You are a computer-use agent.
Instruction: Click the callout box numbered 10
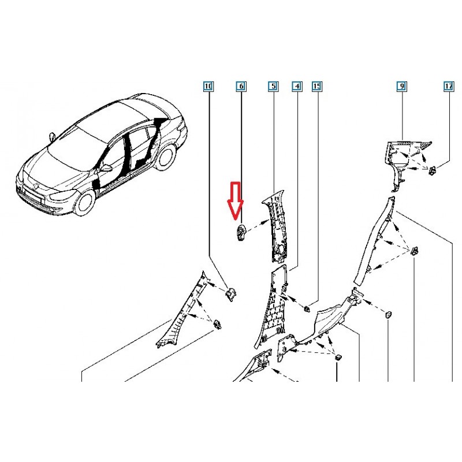tap(208, 86)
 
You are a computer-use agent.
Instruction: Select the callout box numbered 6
tap(241, 86)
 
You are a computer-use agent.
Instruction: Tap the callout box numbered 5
tap(273, 86)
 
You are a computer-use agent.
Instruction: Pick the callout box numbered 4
tap(297, 86)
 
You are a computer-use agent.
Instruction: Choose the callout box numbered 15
tap(316, 86)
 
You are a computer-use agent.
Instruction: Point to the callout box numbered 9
tap(402, 86)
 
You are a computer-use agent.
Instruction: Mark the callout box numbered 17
tap(449, 86)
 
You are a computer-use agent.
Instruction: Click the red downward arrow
tap(235, 201)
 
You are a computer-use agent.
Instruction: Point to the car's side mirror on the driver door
tap(106, 168)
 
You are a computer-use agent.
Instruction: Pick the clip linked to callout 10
tap(230, 294)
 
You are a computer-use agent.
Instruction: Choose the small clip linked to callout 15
tap(307, 309)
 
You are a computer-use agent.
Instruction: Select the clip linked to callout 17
tap(433, 170)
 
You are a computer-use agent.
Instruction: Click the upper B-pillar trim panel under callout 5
tap(274, 226)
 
